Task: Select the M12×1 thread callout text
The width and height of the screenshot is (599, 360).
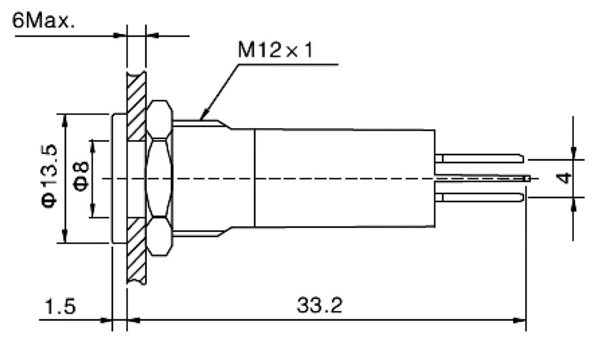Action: [276, 50]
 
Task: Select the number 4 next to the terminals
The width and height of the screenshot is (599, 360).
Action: [564, 178]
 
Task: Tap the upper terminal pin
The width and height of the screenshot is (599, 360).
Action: [479, 159]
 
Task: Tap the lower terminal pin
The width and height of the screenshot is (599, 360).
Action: [479, 197]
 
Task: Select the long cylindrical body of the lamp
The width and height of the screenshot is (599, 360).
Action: [344, 177]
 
